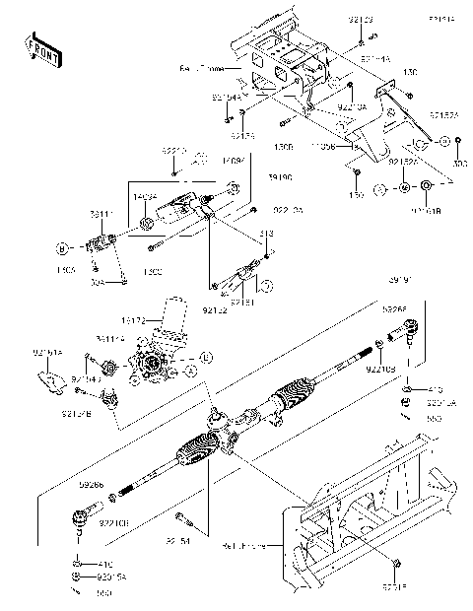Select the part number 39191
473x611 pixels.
pos(399,279)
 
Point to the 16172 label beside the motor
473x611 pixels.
pos(162,320)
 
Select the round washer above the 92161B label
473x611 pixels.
pos(426,186)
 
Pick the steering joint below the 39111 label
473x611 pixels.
pos(104,242)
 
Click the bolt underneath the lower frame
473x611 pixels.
pos(395,563)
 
